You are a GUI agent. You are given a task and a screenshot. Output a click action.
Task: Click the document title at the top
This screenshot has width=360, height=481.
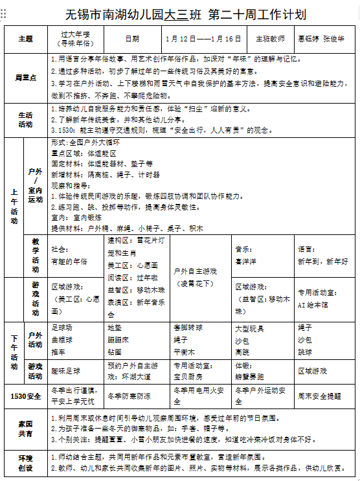185,14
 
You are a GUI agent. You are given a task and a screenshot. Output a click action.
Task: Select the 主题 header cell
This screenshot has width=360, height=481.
26,39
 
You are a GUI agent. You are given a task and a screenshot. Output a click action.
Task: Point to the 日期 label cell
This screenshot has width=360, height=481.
132,39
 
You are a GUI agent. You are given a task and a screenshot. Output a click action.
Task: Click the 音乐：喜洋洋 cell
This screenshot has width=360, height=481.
262,255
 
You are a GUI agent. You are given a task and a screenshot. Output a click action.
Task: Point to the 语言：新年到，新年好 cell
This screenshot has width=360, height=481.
324,255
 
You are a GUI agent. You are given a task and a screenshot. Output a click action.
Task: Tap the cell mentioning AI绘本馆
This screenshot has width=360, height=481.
324,296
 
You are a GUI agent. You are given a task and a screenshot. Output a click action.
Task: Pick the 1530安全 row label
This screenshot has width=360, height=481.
26,396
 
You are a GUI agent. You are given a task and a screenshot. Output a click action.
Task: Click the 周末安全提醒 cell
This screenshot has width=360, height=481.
324,396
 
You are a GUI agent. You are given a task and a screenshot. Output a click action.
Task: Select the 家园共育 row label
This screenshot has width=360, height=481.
26,429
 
